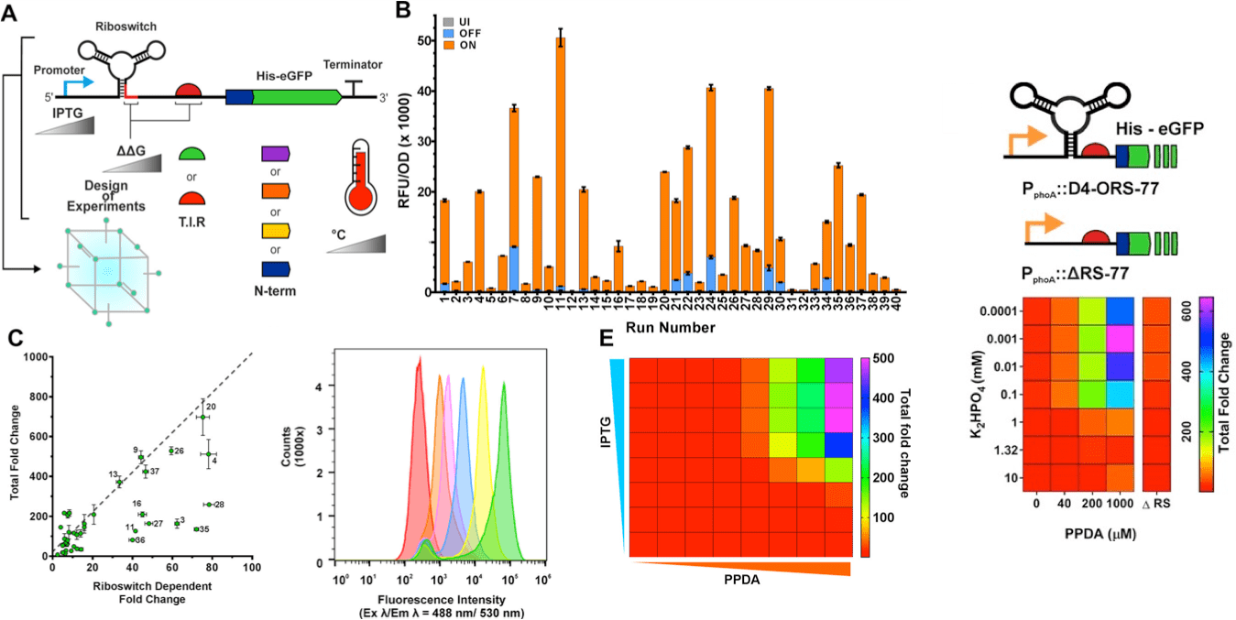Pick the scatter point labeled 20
(x=202, y=418)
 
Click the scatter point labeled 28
(x=208, y=504)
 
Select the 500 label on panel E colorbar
(x=881, y=358)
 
